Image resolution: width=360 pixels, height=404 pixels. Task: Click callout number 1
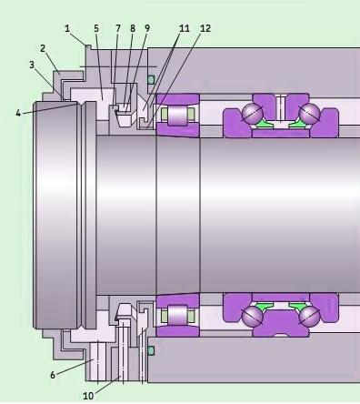[x=67, y=29]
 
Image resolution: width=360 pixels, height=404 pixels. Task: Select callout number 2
[x=43, y=48]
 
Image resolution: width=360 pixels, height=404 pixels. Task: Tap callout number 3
[x=32, y=65]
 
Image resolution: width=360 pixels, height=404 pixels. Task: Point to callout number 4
[x=18, y=114]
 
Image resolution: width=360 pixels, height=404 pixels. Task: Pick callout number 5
[x=96, y=28]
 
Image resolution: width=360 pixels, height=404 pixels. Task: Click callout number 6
[x=53, y=375]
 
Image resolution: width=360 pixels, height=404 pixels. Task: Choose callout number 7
[x=118, y=28]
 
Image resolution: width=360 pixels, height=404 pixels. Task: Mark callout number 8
[x=133, y=28]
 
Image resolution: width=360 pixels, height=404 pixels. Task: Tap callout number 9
[x=147, y=28]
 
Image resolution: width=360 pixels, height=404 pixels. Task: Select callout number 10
[x=88, y=396]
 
